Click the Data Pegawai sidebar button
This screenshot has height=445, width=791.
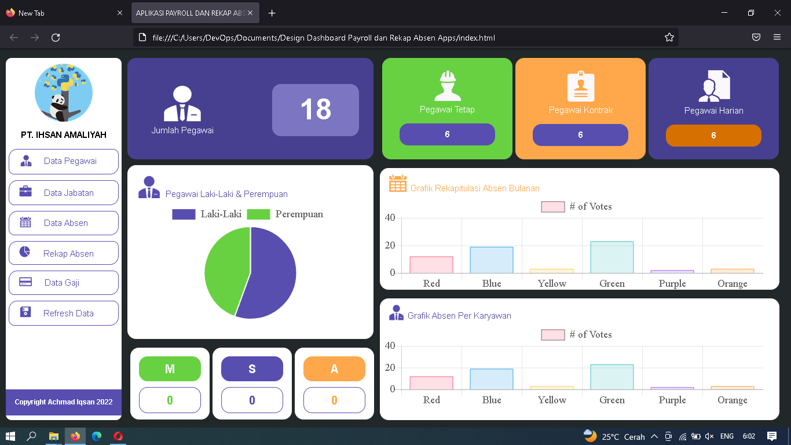(x=64, y=161)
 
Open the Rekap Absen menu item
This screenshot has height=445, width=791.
(x=64, y=253)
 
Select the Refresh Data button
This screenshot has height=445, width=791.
(x=64, y=313)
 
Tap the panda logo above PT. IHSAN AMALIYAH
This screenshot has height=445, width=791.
(x=64, y=93)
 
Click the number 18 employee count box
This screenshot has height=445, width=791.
(x=316, y=110)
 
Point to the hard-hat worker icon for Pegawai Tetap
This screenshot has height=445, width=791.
(x=447, y=86)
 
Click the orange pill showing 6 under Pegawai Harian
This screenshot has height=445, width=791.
(x=713, y=135)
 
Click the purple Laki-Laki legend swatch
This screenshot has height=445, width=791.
(x=184, y=214)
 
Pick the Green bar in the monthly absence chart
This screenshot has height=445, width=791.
(x=611, y=257)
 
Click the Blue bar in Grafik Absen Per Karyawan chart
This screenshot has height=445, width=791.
(x=491, y=379)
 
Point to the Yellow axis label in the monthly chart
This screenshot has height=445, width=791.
(x=551, y=283)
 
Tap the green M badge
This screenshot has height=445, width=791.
(x=170, y=369)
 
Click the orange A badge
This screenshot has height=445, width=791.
(x=334, y=369)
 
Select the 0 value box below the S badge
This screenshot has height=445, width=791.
(x=252, y=400)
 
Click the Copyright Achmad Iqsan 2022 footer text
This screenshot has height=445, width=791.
(x=64, y=402)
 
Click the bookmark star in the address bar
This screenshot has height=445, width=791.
(x=669, y=38)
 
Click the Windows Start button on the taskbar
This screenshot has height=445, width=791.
(x=10, y=436)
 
